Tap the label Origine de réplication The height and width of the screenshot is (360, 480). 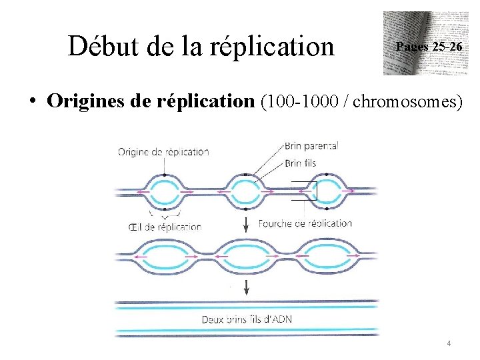pyautogui.click(x=163, y=151)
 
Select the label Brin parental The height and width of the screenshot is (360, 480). pyautogui.click(x=311, y=145)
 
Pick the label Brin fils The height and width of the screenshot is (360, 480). pyautogui.click(x=300, y=163)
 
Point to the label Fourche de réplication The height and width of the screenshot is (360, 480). pyautogui.click(x=305, y=223)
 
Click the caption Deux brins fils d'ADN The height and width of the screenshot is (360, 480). pyautogui.click(x=247, y=319)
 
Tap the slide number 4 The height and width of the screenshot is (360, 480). pyautogui.click(x=449, y=344)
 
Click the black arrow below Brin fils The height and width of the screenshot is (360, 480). pyautogui.click(x=247, y=223)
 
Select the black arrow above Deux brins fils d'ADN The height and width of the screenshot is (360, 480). pyautogui.click(x=247, y=287)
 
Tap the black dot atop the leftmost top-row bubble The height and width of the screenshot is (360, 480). pyautogui.click(x=162, y=175)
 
